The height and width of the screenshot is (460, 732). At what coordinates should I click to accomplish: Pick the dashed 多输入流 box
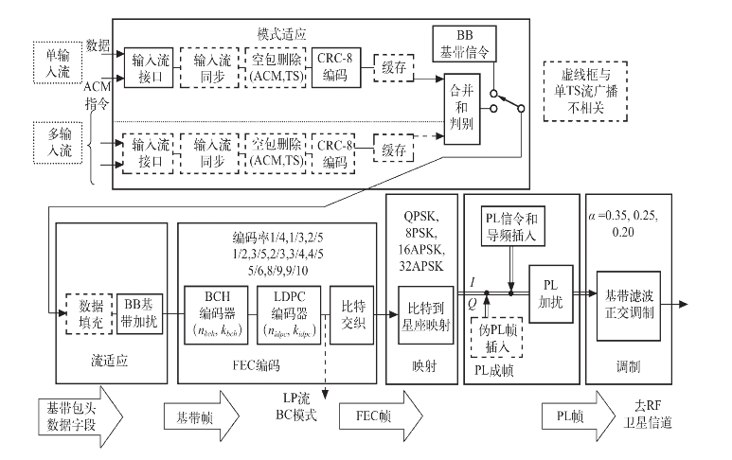[x=56, y=141]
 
